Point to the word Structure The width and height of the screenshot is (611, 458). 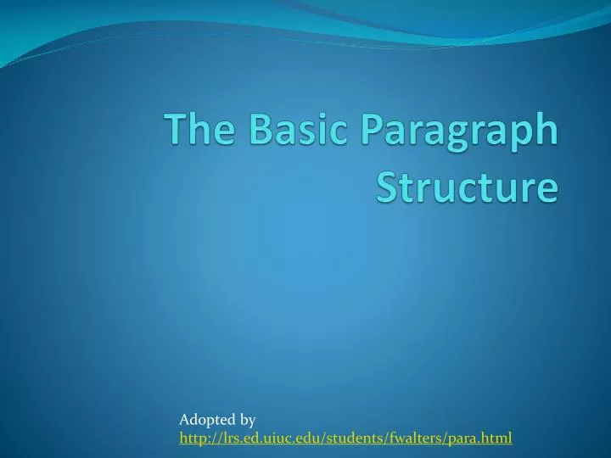tap(468, 187)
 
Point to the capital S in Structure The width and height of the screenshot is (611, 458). tap(386, 187)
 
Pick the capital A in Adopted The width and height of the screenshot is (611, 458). tap(185, 420)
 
